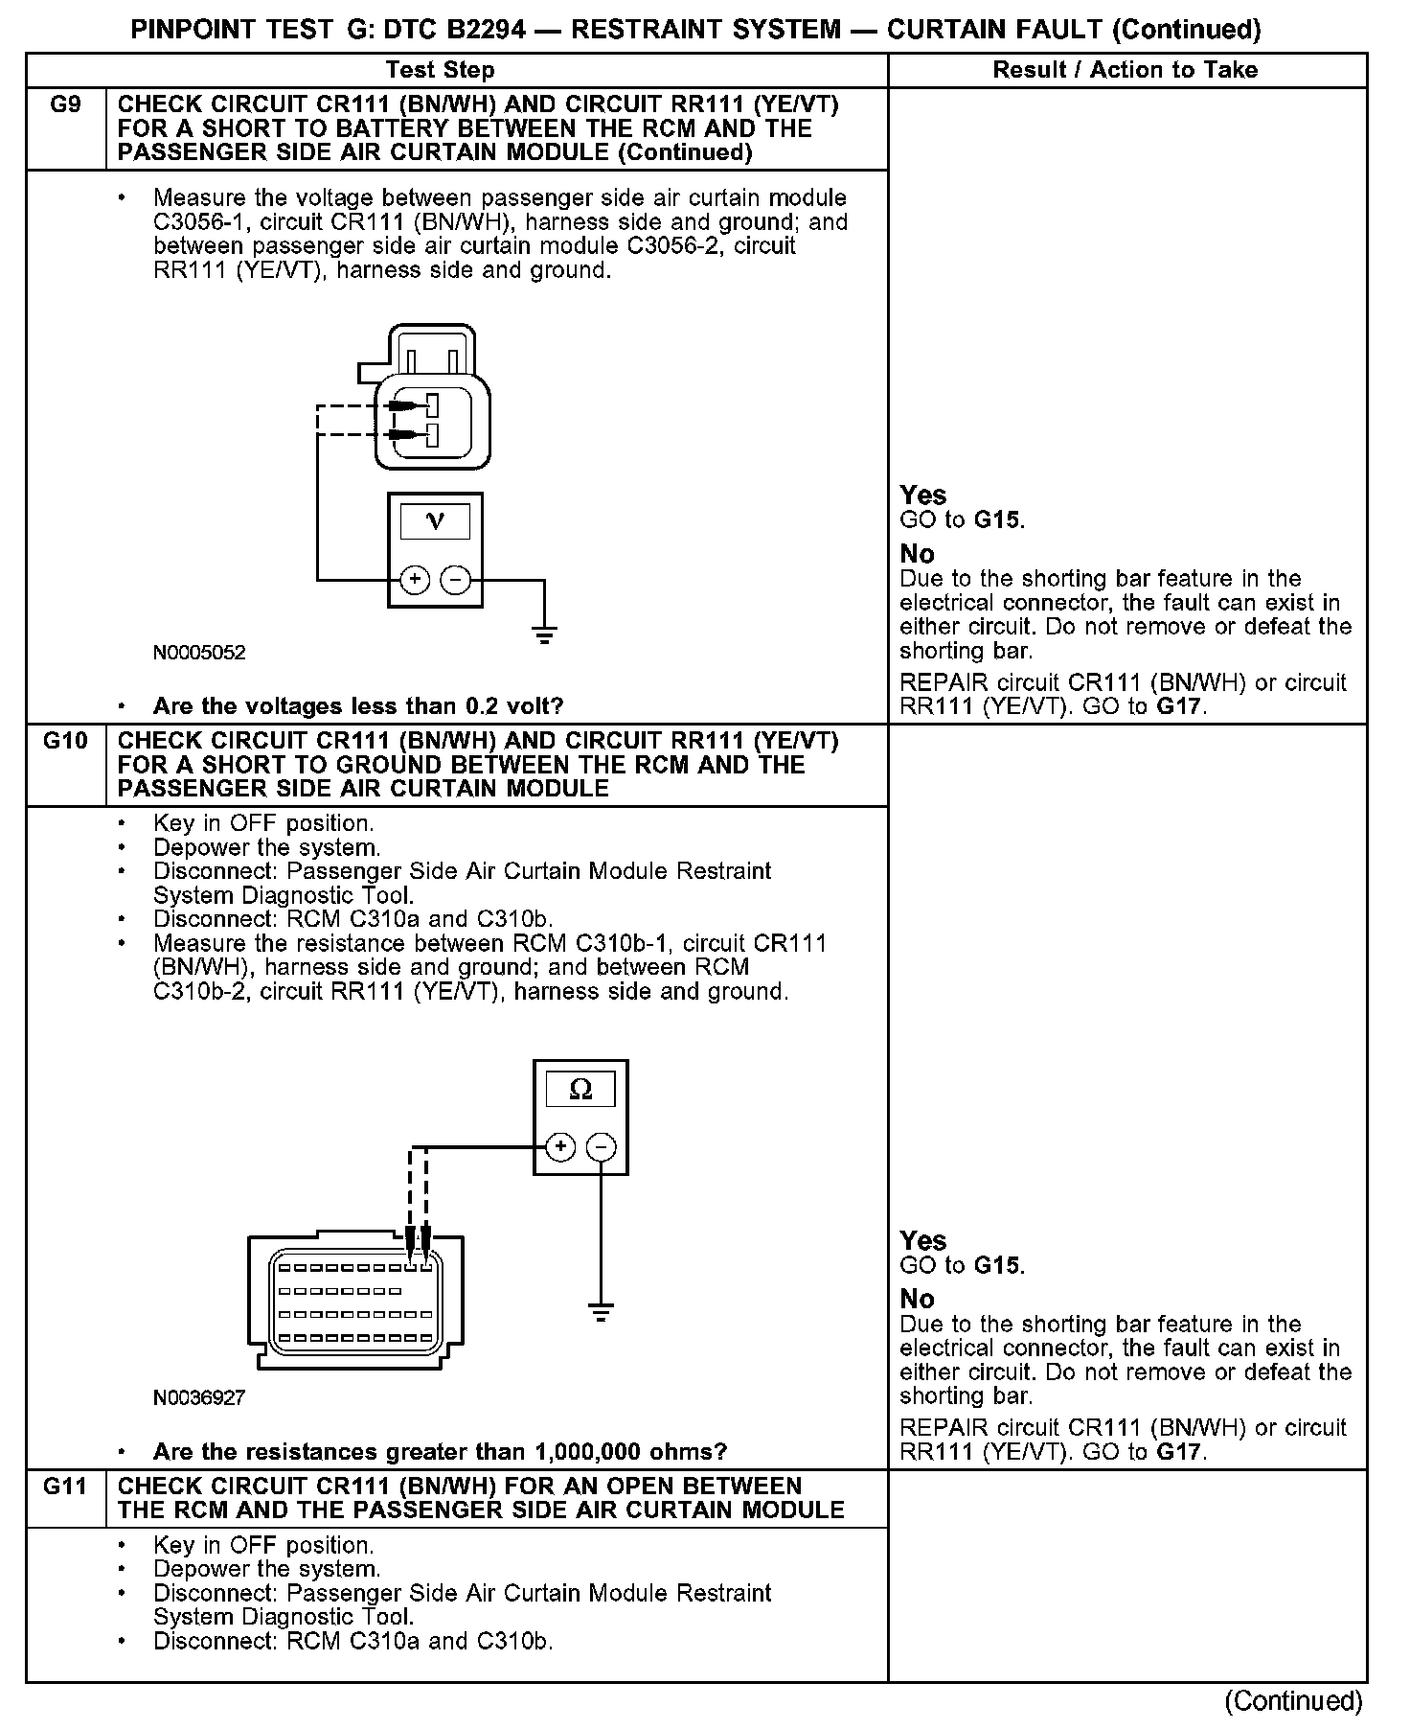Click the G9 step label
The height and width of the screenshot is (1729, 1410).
tap(65, 105)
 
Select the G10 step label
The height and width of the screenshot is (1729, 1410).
tap(65, 741)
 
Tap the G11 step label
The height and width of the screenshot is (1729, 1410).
tap(65, 1487)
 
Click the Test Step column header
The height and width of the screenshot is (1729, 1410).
tap(440, 70)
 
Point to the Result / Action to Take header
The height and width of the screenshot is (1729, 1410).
tap(1126, 70)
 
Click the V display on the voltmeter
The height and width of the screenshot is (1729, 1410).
tap(435, 522)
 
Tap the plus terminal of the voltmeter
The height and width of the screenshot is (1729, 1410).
tap(415, 580)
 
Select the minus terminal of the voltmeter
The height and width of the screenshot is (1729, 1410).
tap(455, 580)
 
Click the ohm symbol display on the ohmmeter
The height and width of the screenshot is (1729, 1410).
tap(580, 1090)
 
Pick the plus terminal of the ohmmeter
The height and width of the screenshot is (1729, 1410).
tap(560, 1147)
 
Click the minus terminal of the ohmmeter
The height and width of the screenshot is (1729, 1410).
tap(601, 1147)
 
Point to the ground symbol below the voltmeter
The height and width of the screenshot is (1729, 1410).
tap(544, 634)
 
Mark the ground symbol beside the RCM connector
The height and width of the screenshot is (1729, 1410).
tap(601, 1312)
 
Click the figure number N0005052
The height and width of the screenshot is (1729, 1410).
tap(199, 653)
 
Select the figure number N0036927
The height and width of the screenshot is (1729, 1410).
tap(199, 1398)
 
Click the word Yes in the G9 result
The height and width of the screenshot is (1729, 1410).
tap(923, 496)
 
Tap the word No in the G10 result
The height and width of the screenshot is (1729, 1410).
tap(917, 1300)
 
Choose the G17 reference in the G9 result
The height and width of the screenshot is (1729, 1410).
tap(1179, 707)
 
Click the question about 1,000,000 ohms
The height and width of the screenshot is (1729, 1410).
tap(440, 1452)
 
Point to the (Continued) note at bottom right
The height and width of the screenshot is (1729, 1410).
tap(1293, 1700)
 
